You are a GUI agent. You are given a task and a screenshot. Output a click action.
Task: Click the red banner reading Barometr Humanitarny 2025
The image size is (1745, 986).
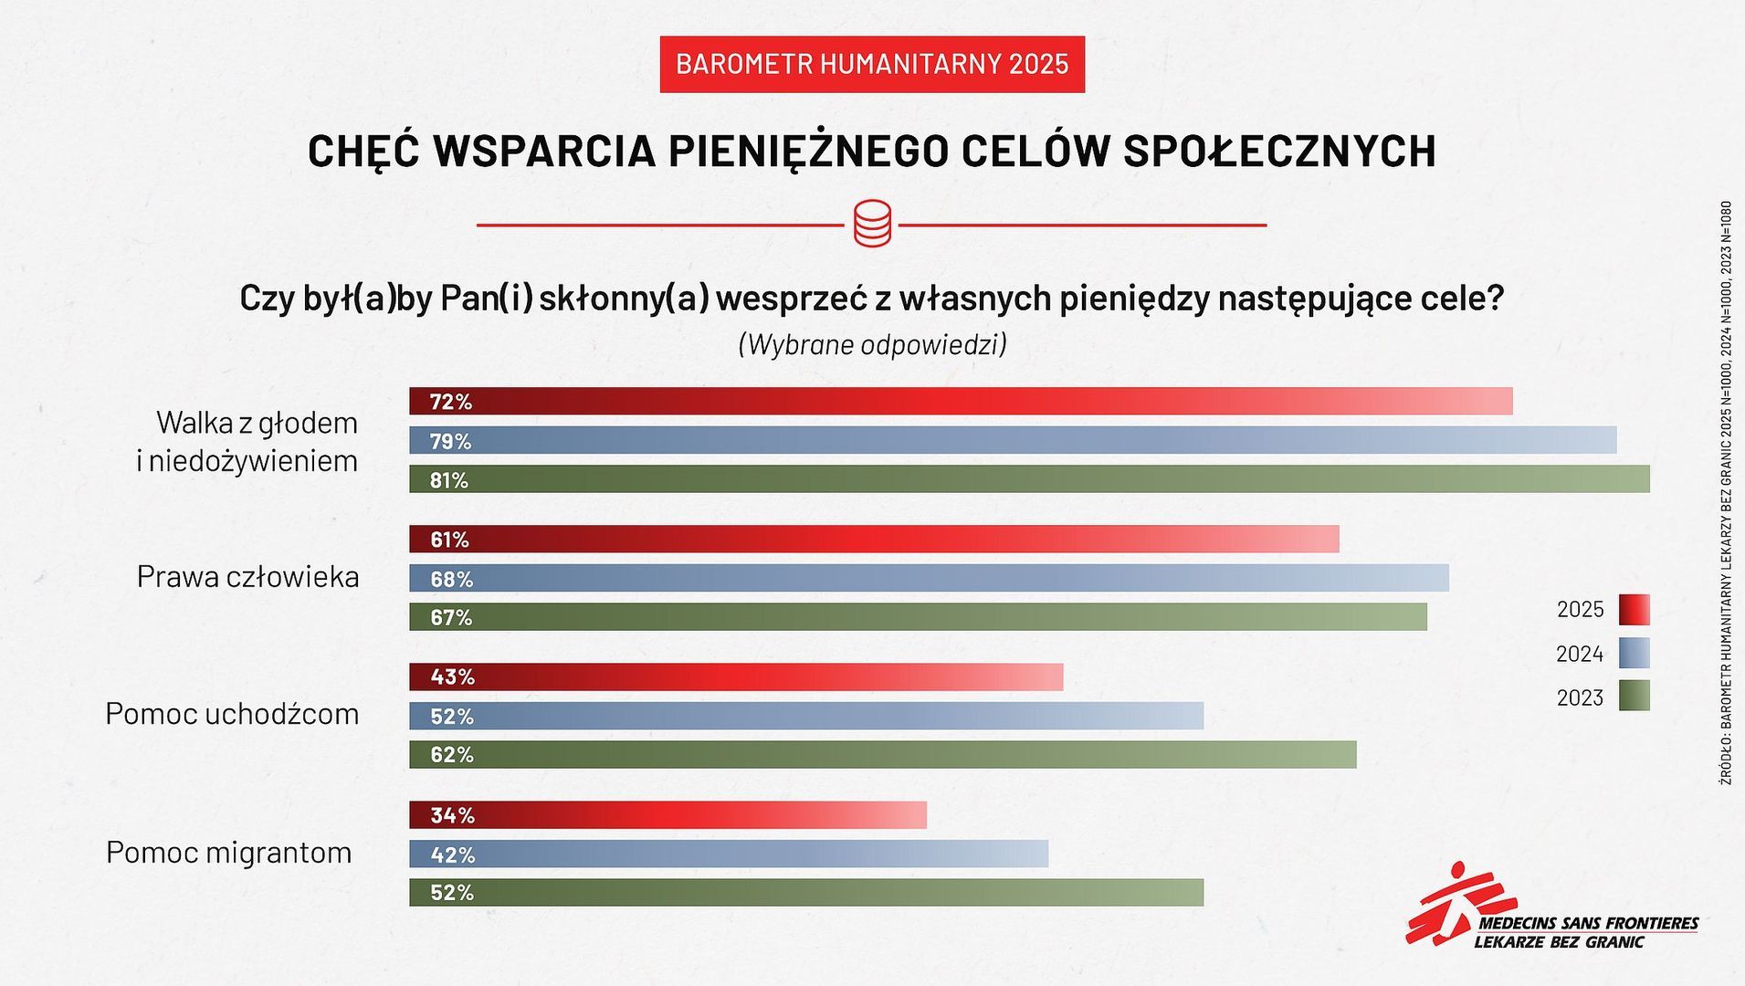click(872, 64)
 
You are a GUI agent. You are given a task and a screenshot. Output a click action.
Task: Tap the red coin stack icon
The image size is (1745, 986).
click(872, 224)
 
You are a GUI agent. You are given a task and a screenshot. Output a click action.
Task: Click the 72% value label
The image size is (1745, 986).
click(450, 402)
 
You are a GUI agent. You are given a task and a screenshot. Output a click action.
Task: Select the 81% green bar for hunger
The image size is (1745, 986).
click(1029, 479)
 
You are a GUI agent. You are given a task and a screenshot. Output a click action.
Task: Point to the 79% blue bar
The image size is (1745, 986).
click(1013, 440)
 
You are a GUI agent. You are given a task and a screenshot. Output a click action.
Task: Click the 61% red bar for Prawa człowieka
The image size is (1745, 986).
click(874, 539)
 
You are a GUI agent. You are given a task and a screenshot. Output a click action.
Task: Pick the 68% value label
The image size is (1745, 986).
click(451, 579)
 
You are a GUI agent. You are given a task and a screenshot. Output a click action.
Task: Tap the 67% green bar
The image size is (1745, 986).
click(918, 617)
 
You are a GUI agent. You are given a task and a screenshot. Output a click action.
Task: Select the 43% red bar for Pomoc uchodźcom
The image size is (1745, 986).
click(736, 677)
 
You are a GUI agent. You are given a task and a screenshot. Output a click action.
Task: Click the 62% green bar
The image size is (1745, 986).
click(882, 754)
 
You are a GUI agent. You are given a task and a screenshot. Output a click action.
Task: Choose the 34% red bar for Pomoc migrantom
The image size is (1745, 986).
click(668, 814)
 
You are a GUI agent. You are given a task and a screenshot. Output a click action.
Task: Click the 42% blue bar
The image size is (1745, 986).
click(729, 854)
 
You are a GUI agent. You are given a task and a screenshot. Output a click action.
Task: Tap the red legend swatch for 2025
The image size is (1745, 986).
click(1634, 609)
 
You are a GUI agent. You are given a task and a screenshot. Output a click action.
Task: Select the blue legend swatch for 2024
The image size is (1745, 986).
click(1634, 654)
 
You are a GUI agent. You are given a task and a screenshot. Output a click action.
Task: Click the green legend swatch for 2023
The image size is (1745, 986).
click(1634, 697)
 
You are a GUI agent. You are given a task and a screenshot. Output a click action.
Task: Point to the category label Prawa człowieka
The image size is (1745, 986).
click(247, 577)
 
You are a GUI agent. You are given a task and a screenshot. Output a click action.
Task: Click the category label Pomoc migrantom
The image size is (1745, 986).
click(228, 853)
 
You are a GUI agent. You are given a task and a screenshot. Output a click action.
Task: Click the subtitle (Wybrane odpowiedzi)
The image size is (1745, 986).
click(872, 344)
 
